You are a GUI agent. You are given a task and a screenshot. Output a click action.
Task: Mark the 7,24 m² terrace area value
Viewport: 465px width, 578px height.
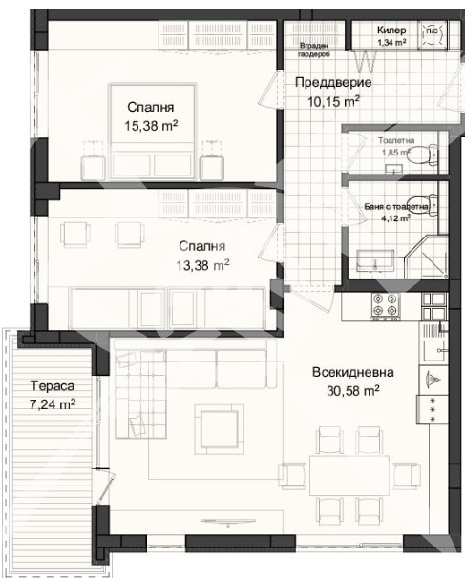(x=52, y=403)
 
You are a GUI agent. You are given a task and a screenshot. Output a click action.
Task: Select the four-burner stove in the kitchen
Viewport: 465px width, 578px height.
(x=387, y=305)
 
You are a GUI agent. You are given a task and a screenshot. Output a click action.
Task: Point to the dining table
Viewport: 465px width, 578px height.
(x=349, y=472)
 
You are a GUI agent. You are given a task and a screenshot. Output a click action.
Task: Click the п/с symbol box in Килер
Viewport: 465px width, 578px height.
(x=431, y=31)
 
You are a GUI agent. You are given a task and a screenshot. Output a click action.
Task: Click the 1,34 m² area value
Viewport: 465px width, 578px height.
(x=392, y=43)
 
